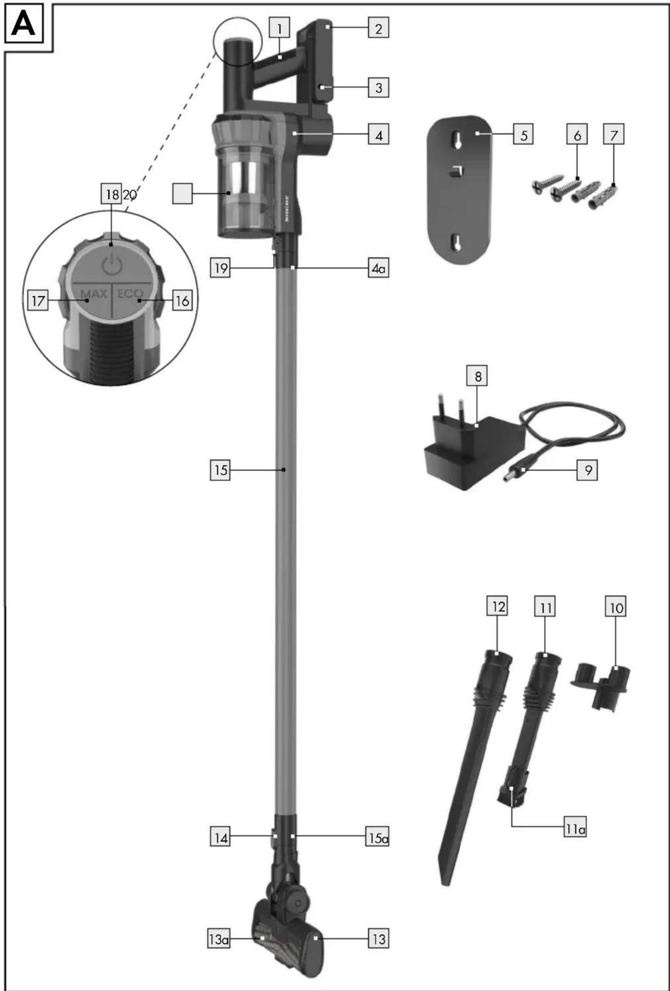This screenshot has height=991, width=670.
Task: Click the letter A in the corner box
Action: (x=23, y=23)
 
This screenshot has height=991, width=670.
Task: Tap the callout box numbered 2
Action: (x=378, y=28)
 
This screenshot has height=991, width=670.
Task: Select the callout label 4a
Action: (x=378, y=269)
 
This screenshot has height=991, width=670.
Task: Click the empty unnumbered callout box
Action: (x=182, y=193)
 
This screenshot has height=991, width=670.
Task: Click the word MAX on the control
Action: (x=93, y=293)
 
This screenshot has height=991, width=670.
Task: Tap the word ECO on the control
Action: (x=130, y=293)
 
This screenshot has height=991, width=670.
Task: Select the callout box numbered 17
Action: (x=38, y=301)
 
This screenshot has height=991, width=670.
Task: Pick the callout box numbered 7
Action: (x=614, y=135)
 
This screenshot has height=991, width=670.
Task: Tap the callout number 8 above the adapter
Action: (x=477, y=376)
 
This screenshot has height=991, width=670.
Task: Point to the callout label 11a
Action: (x=575, y=829)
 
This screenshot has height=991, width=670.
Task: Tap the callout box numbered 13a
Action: (x=219, y=939)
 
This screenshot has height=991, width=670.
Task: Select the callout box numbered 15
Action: (x=220, y=470)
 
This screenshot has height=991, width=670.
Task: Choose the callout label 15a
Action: (x=378, y=838)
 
